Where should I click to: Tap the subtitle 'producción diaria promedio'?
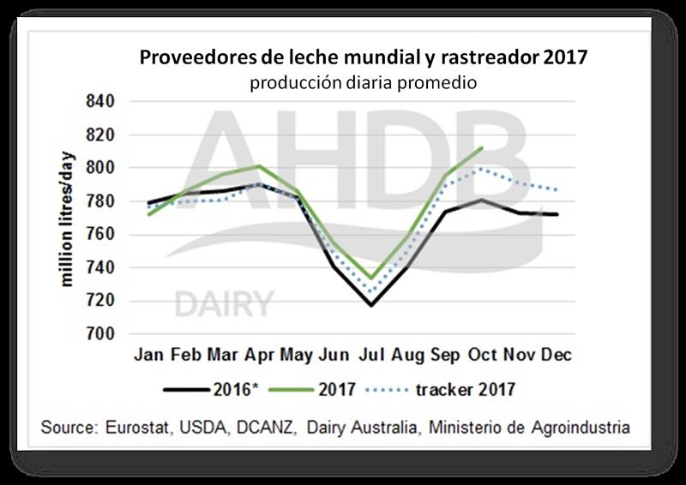364,83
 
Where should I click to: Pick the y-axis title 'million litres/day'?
68,219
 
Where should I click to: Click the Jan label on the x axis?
149,355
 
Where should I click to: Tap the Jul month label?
370,355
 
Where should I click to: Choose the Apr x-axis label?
260,355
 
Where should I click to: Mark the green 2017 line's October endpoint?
483,148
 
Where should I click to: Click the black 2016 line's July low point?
371,305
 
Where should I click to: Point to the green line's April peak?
260,166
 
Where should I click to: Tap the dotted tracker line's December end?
557,190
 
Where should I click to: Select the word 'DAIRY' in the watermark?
225,303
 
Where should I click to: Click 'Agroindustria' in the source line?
587,426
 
